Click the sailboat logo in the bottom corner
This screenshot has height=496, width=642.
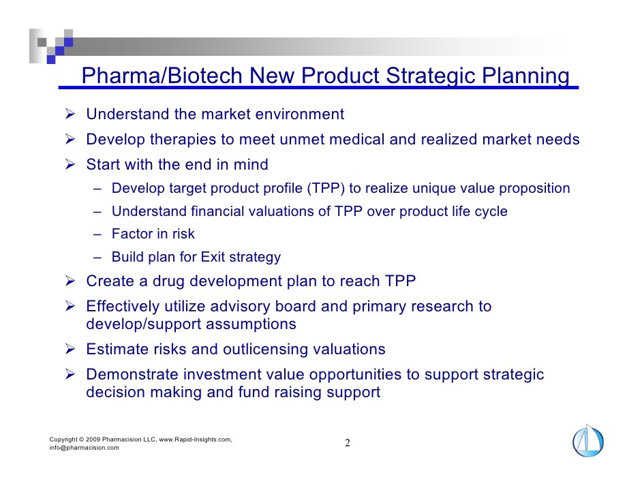click(588, 441)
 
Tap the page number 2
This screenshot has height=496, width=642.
click(347, 443)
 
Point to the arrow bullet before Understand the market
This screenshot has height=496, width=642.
click(70, 114)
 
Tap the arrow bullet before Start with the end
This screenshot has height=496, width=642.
click(70, 164)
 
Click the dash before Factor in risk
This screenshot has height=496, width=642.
click(97, 234)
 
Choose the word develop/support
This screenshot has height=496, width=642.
click(143, 324)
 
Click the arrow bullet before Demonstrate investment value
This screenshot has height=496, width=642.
click(70, 374)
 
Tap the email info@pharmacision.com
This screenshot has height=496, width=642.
click(85, 448)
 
